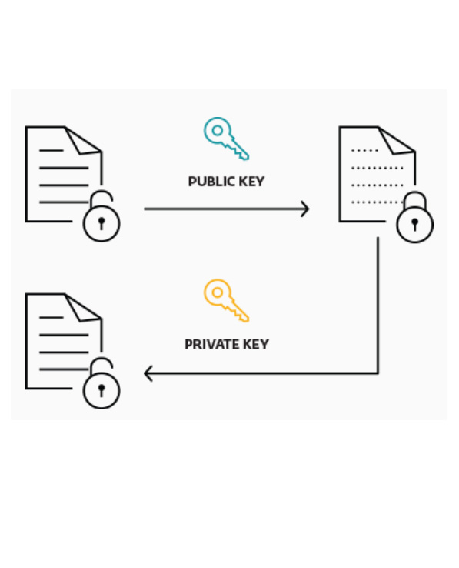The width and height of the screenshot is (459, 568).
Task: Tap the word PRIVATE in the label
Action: click(x=211, y=344)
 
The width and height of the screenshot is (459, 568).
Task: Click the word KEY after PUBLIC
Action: click(x=251, y=182)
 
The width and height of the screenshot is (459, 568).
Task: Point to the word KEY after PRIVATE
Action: click(x=256, y=344)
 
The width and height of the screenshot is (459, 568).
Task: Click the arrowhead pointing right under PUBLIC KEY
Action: click(x=305, y=209)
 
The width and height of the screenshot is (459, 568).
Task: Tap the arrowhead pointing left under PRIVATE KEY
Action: click(x=148, y=373)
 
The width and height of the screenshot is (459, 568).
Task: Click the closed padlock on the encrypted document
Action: click(x=415, y=217)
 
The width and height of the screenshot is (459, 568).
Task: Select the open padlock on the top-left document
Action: click(x=101, y=216)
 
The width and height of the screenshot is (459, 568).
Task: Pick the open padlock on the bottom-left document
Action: click(x=101, y=383)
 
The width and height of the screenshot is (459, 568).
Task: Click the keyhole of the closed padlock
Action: click(x=415, y=224)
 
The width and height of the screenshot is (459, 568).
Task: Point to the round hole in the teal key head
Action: click(x=217, y=130)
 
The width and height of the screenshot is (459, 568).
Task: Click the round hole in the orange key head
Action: click(x=217, y=292)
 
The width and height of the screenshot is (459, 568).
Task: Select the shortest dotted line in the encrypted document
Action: click(x=364, y=150)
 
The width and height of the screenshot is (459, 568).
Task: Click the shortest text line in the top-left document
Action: click(x=52, y=150)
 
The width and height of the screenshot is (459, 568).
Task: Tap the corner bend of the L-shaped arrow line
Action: click(x=378, y=373)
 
